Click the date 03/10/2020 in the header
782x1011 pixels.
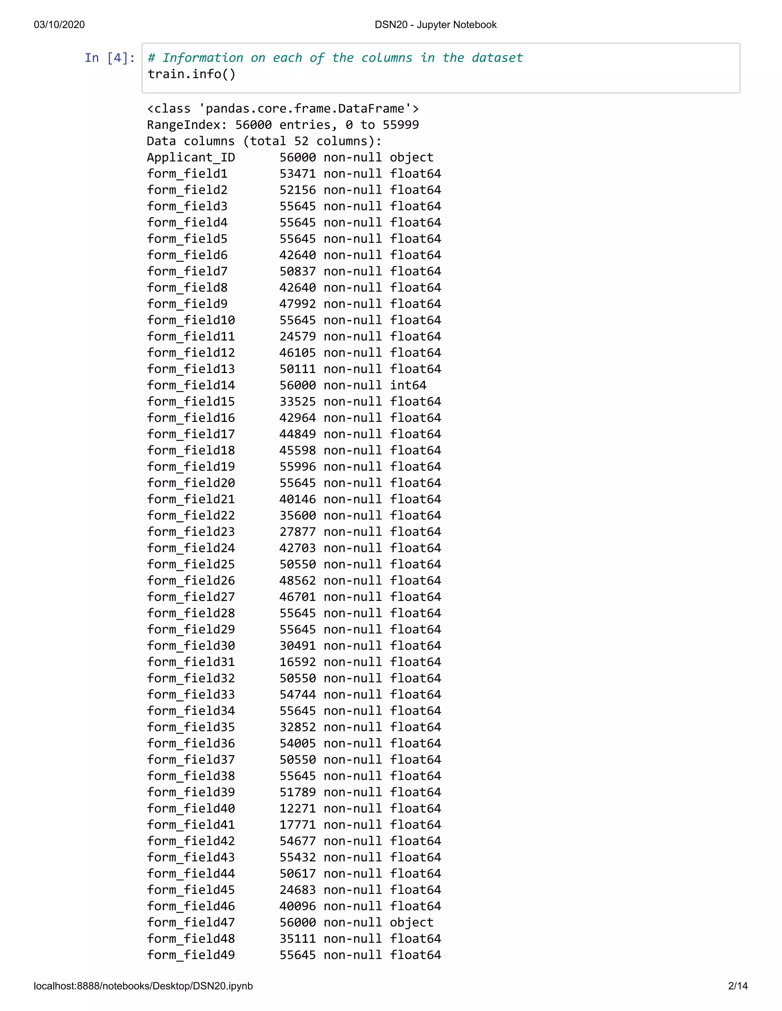tap(59, 24)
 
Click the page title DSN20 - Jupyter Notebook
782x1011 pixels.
tap(435, 24)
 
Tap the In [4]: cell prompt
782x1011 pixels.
tap(110, 58)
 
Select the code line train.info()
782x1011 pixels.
tap(191, 74)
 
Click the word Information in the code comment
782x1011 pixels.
tap(202, 58)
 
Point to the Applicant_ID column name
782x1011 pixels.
tap(191, 158)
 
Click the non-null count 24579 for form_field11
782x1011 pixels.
tap(297, 336)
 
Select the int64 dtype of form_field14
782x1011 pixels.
tap(408, 385)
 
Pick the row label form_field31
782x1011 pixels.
tap(191, 662)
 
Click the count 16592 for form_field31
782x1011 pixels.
tap(297, 662)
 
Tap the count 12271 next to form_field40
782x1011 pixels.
tap(297, 808)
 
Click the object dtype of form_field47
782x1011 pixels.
tap(411, 922)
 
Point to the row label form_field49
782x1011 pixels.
tap(191, 955)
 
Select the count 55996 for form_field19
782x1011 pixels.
tap(297, 467)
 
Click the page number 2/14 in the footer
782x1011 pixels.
tap(738, 985)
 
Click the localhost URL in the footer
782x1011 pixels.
tap(143, 985)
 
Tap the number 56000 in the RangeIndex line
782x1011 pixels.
tap(254, 125)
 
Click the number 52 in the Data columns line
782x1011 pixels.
tap(301, 141)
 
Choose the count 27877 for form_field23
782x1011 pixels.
tap(297, 532)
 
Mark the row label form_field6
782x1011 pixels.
tap(187, 255)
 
